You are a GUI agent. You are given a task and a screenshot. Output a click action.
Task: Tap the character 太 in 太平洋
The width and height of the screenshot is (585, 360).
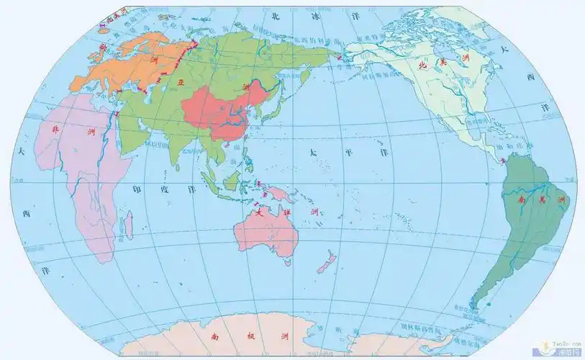(x=312, y=153)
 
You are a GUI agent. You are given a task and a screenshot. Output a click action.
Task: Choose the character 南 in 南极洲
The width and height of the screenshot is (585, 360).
(x=214, y=336)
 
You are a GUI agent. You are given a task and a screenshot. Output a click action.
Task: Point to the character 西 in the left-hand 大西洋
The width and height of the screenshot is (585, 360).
(x=27, y=214)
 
